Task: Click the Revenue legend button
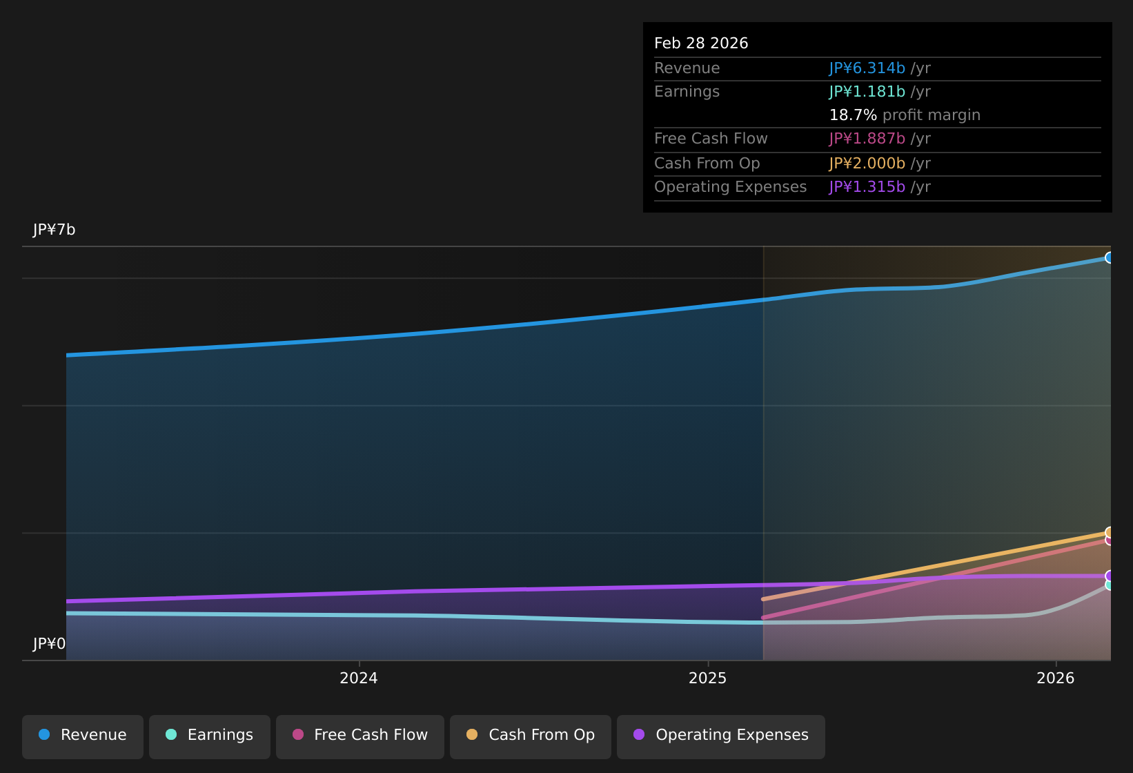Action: tap(83, 736)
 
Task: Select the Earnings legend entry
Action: tap(210, 736)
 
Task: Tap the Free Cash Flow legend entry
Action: tap(360, 736)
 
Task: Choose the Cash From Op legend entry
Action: tap(531, 736)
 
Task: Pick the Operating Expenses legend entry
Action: tap(721, 736)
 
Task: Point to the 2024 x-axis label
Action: tap(359, 678)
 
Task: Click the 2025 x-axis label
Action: tap(708, 678)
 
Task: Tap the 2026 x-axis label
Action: tap(1056, 678)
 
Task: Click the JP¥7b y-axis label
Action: tap(54, 230)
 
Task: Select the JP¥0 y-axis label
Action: tap(49, 643)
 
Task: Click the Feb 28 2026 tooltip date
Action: tap(701, 43)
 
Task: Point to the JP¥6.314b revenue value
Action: tap(867, 68)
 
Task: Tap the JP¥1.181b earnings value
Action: tap(867, 92)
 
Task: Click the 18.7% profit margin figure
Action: tap(854, 115)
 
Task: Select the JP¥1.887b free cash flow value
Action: tap(867, 139)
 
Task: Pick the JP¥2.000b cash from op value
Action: tap(867, 164)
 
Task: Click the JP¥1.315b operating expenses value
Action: tap(867, 187)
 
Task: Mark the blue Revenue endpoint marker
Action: tap(1110, 258)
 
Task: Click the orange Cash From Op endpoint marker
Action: tap(1110, 532)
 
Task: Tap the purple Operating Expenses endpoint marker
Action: tap(1110, 576)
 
